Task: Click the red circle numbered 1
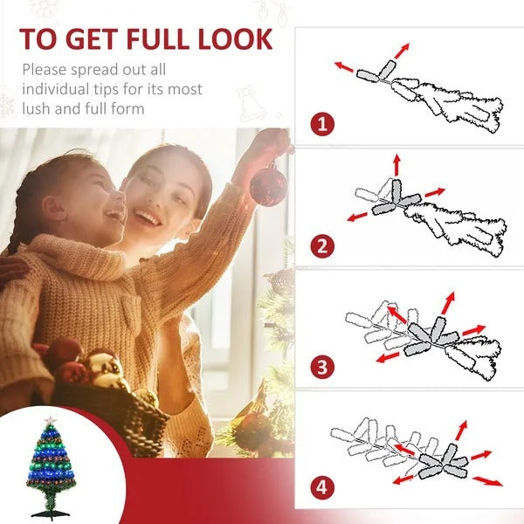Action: coord(322,123)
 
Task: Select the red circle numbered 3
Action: coord(322,366)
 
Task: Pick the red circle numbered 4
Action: coord(322,487)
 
